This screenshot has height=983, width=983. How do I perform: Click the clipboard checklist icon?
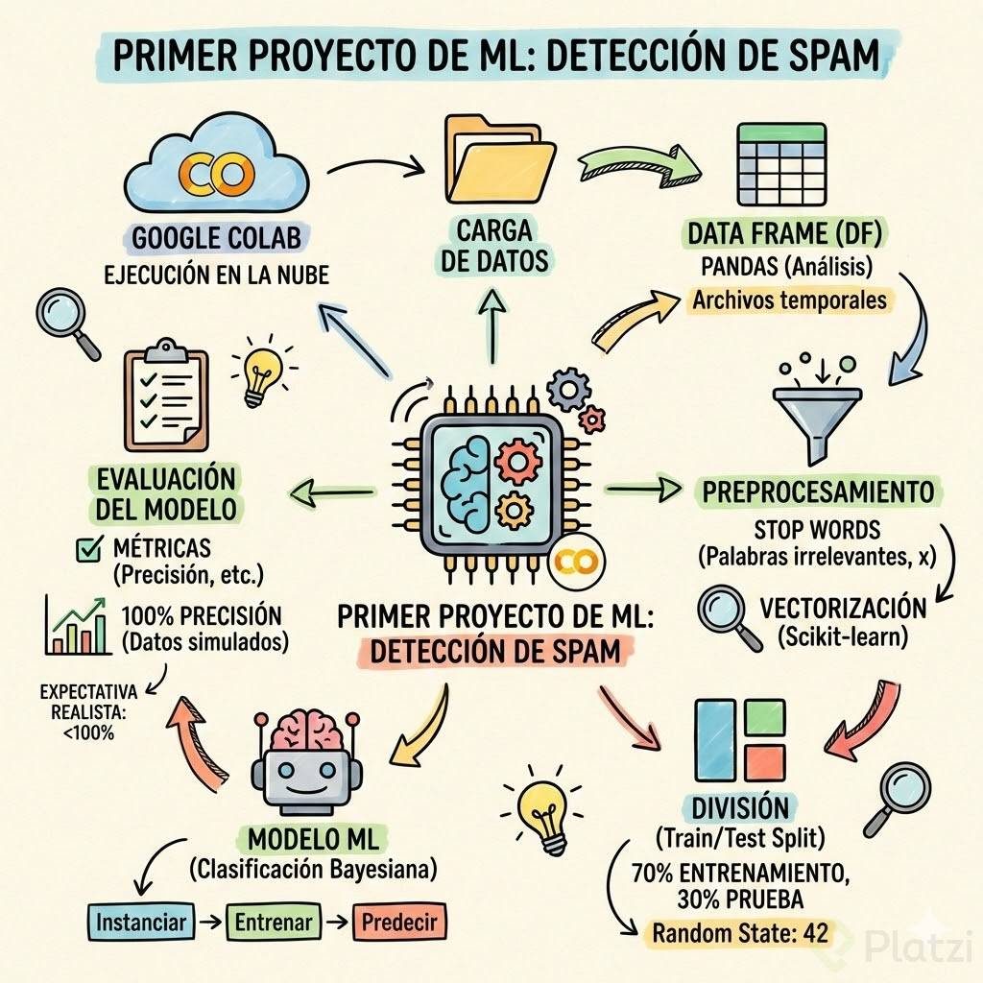tap(165, 395)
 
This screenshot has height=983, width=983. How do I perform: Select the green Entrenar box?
tap(275, 923)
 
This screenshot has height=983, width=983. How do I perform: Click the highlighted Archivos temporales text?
tap(789, 300)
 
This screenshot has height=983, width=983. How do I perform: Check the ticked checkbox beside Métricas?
tap(88, 549)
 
